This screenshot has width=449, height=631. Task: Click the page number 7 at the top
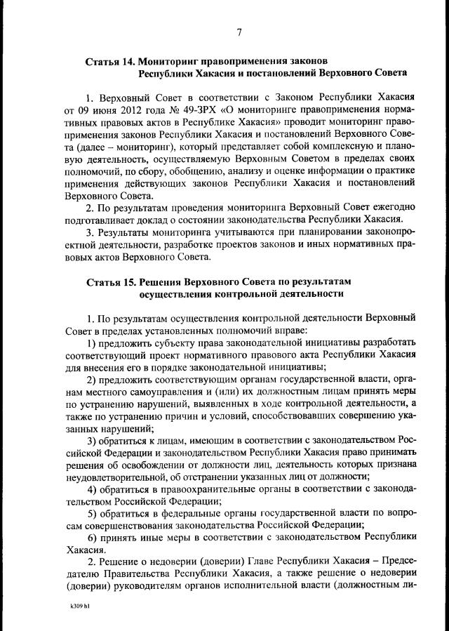(x=239, y=32)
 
